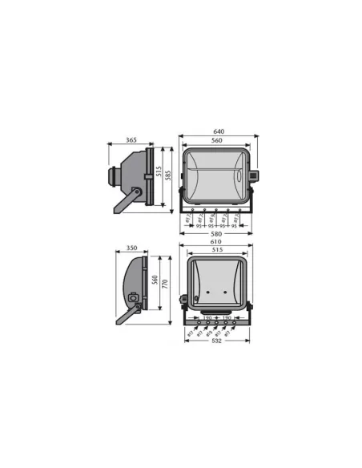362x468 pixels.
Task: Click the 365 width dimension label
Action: [x=131, y=140]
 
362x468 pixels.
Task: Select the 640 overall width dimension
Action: [x=218, y=131]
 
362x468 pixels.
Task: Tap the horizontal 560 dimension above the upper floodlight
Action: [x=217, y=140]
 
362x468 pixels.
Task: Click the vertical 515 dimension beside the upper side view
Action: [x=159, y=173]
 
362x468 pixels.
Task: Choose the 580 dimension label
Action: [x=216, y=234]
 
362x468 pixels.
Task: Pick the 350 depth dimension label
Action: [x=132, y=248]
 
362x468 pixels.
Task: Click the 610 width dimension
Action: [x=216, y=242]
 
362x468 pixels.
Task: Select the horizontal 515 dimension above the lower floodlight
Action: [x=216, y=251]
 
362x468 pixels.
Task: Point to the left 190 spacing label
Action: [x=207, y=317]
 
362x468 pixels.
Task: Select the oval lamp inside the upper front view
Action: [x=215, y=174]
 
